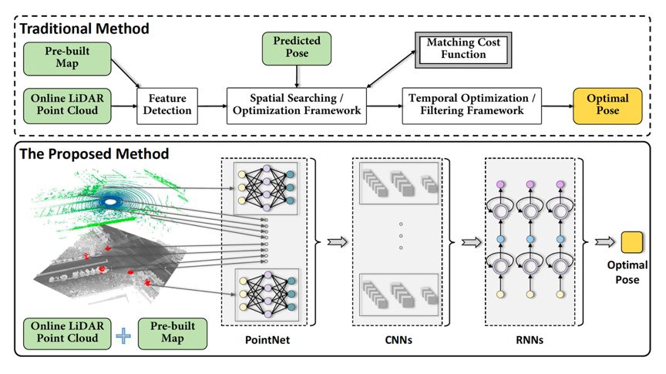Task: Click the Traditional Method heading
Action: point(85,29)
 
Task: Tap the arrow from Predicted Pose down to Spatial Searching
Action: point(297,76)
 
